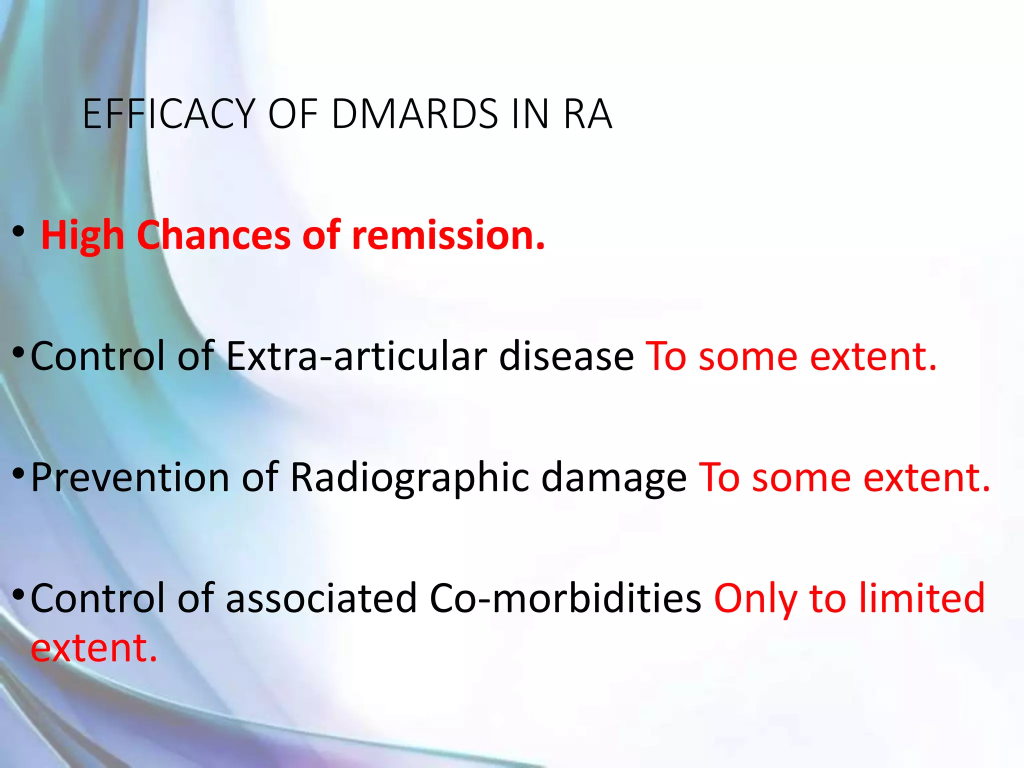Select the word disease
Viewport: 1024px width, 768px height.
[566, 356]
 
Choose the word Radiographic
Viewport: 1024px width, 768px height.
[409, 477]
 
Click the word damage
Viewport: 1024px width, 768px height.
[614, 477]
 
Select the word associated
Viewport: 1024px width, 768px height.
[321, 598]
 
